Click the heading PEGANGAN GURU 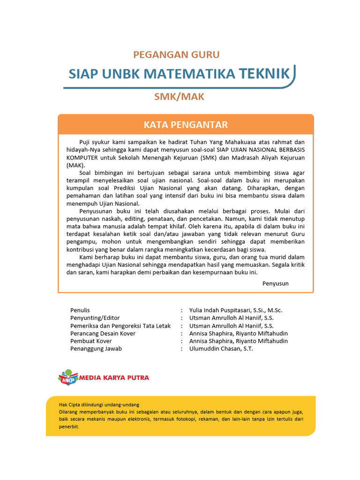[x=176, y=54]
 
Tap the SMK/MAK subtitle [x=180, y=97]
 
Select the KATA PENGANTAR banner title [x=186, y=125]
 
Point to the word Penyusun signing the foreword [x=275, y=283]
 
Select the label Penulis [x=80, y=310]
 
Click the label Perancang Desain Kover [x=103, y=333]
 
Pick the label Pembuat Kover [x=91, y=341]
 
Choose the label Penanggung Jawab [x=96, y=349]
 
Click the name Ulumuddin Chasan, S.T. [x=221, y=349]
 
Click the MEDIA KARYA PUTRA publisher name [x=114, y=377]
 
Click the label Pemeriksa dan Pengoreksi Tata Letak [x=120, y=326]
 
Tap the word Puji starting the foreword [x=84, y=142]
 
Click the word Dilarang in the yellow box [x=68, y=412]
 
